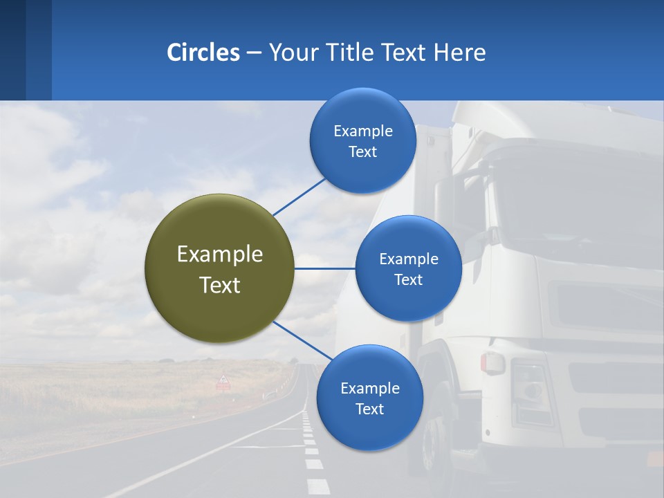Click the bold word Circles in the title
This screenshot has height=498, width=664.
point(203,53)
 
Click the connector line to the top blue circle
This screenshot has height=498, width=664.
point(299,196)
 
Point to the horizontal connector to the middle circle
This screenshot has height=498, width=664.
point(324,268)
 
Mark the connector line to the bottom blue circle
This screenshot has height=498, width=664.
point(303,340)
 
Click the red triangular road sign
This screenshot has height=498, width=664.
point(223,380)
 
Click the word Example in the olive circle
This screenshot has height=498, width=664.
point(219,254)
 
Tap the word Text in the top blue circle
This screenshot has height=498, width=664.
point(362,152)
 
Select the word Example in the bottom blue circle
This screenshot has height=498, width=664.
point(369,388)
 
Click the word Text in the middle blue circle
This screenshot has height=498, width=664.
point(408,279)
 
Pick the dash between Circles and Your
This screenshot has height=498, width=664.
point(254,53)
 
